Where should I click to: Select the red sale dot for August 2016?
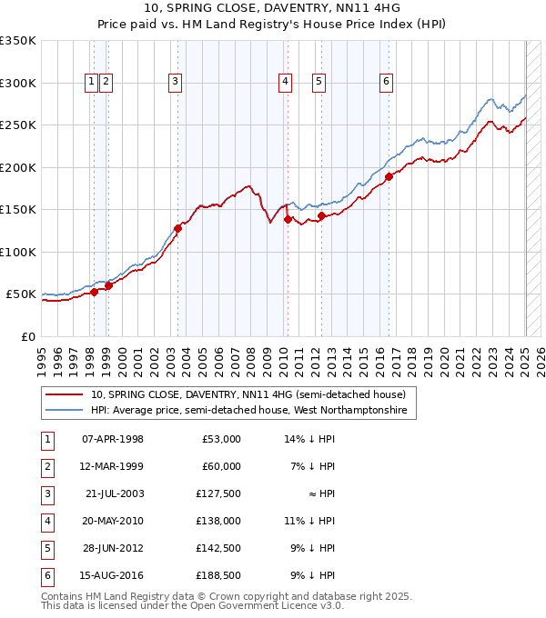389,177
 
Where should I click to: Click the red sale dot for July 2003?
178,228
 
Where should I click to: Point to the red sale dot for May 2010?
288,219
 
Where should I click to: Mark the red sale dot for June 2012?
321,216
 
